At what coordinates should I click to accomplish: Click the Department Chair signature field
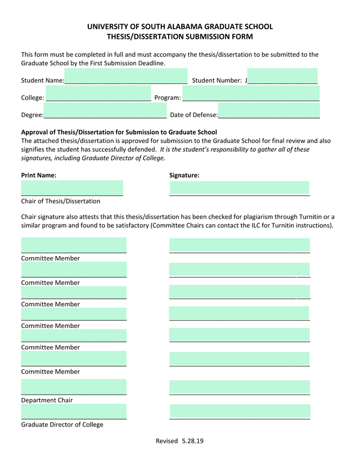tap(240, 387)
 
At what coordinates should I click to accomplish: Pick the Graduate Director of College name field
tap(74, 411)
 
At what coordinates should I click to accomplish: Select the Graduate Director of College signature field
tap(240, 411)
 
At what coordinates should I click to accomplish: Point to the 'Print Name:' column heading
tap(39, 175)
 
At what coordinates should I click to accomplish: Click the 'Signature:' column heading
tap(184, 175)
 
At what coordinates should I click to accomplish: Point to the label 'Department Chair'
tap(47, 400)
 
